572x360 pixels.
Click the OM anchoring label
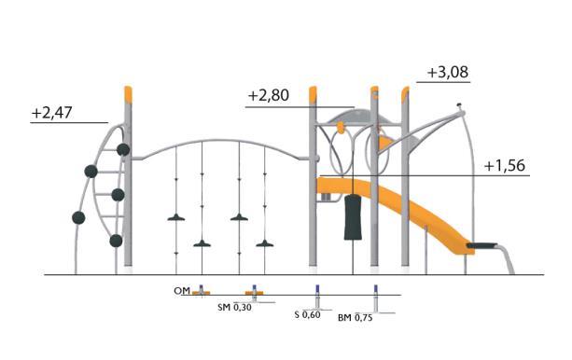(182, 292)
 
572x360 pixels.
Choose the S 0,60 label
(307, 315)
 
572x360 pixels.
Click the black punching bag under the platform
(353, 218)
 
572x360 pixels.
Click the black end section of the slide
(484, 245)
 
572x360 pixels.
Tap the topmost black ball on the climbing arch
(123, 149)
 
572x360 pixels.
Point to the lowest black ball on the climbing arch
(116, 241)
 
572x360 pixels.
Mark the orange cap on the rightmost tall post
(405, 91)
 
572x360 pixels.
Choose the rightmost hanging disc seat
(267, 244)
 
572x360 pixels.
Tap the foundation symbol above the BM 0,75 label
(376, 298)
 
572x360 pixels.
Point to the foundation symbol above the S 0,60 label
(318, 298)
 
